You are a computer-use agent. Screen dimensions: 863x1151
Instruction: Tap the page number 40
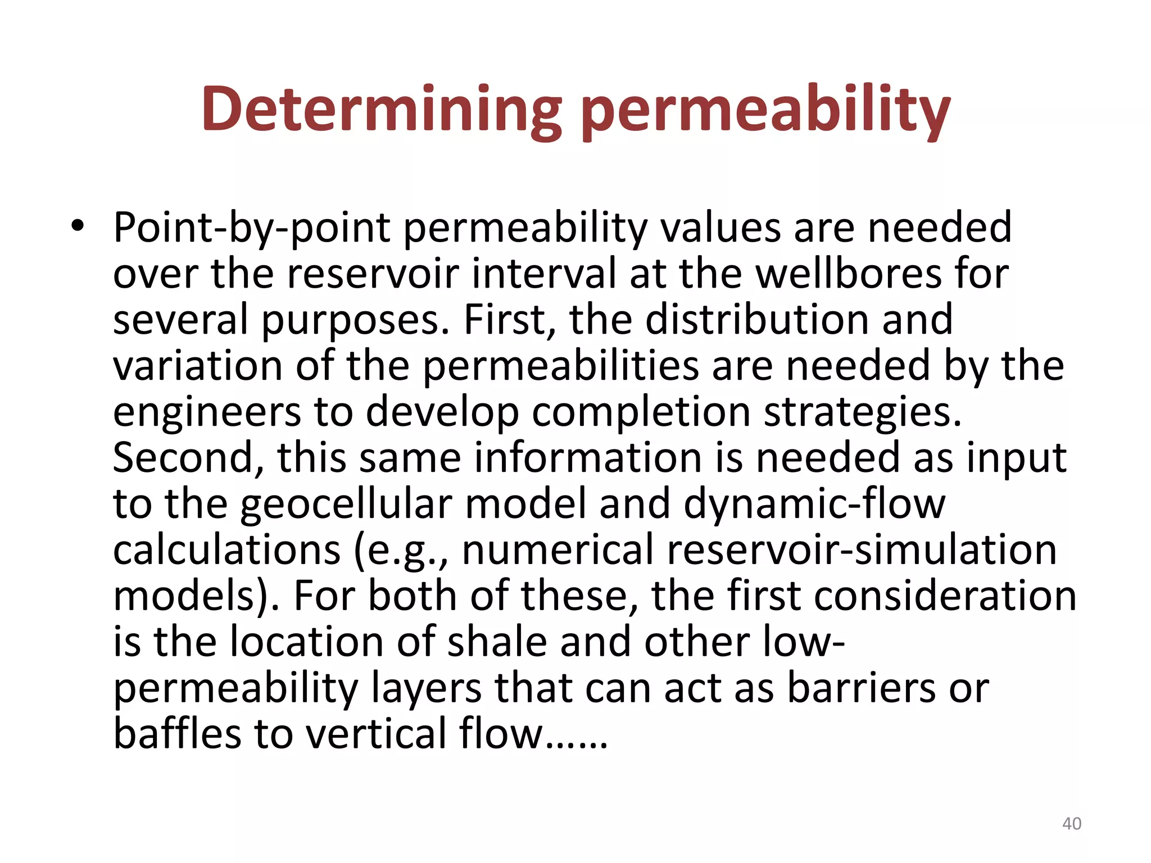click(x=1072, y=824)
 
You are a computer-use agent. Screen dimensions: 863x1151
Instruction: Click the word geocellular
click(x=346, y=505)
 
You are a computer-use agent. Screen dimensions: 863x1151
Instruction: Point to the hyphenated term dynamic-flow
click(x=815, y=505)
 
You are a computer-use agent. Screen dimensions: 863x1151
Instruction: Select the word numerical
click(x=558, y=550)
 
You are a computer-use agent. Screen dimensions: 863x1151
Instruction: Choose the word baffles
click(x=177, y=734)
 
